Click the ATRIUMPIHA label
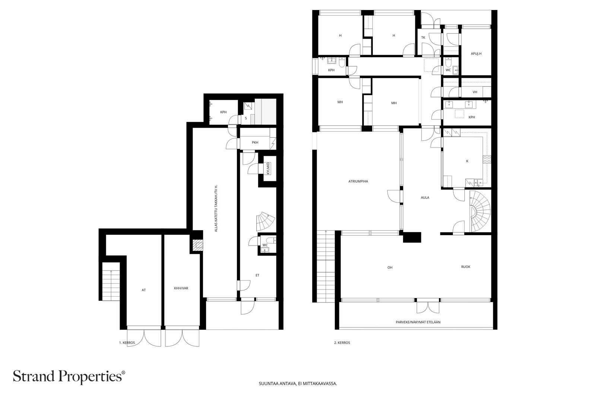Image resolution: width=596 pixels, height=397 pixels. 358,182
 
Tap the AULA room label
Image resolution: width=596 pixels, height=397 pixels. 425,198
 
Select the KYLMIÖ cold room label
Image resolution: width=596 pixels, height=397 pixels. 268,169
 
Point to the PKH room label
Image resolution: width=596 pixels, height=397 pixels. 255,143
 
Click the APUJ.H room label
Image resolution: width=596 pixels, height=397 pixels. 476,54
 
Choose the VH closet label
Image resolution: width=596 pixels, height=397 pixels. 475,92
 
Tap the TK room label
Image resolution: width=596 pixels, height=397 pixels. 423,38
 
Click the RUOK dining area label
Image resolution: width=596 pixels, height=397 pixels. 466,267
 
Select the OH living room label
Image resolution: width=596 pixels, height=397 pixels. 390,268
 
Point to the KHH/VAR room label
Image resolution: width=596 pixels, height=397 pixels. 181,288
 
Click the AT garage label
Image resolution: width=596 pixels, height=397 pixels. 144,290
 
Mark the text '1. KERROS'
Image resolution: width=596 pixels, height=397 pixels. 127,343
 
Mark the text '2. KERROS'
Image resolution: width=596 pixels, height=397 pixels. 342,343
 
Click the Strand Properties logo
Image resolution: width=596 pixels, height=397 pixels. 69,376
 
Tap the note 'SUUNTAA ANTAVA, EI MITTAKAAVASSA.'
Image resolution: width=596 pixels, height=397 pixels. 298,384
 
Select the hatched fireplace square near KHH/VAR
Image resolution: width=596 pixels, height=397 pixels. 198,245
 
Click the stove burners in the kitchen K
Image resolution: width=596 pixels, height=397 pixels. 487,160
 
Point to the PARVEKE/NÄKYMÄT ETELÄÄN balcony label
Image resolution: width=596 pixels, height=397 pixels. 418,322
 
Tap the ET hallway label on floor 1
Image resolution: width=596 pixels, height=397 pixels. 257,275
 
